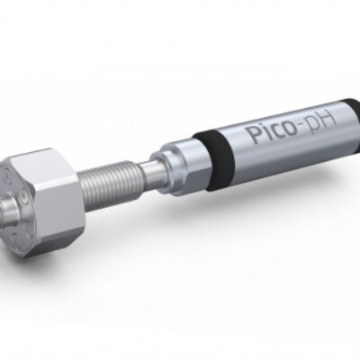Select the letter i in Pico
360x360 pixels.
(x=262, y=132)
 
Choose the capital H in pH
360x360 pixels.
(x=327, y=120)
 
